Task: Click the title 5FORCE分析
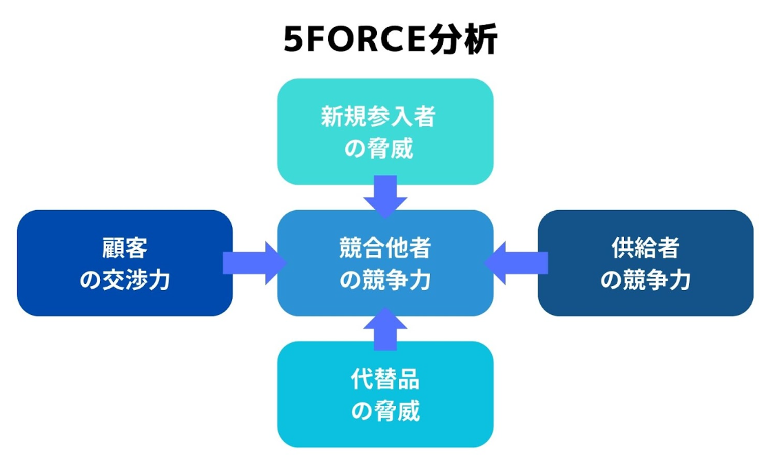pos(390,41)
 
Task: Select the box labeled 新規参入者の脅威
pos(384,131)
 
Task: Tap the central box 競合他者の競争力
pos(384,263)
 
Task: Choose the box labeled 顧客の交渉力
pos(125,263)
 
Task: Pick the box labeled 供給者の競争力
pos(645,263)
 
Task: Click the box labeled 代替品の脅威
pos(384,394)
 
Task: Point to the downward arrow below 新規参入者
pos(385,195)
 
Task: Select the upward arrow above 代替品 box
pos(385,328)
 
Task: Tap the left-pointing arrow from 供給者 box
pos(517,263)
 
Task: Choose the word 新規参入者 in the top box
pos(378,116)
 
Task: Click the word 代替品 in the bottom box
pos(385,378)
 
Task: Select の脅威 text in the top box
pos(378,148)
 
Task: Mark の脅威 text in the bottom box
pos(385,411)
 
